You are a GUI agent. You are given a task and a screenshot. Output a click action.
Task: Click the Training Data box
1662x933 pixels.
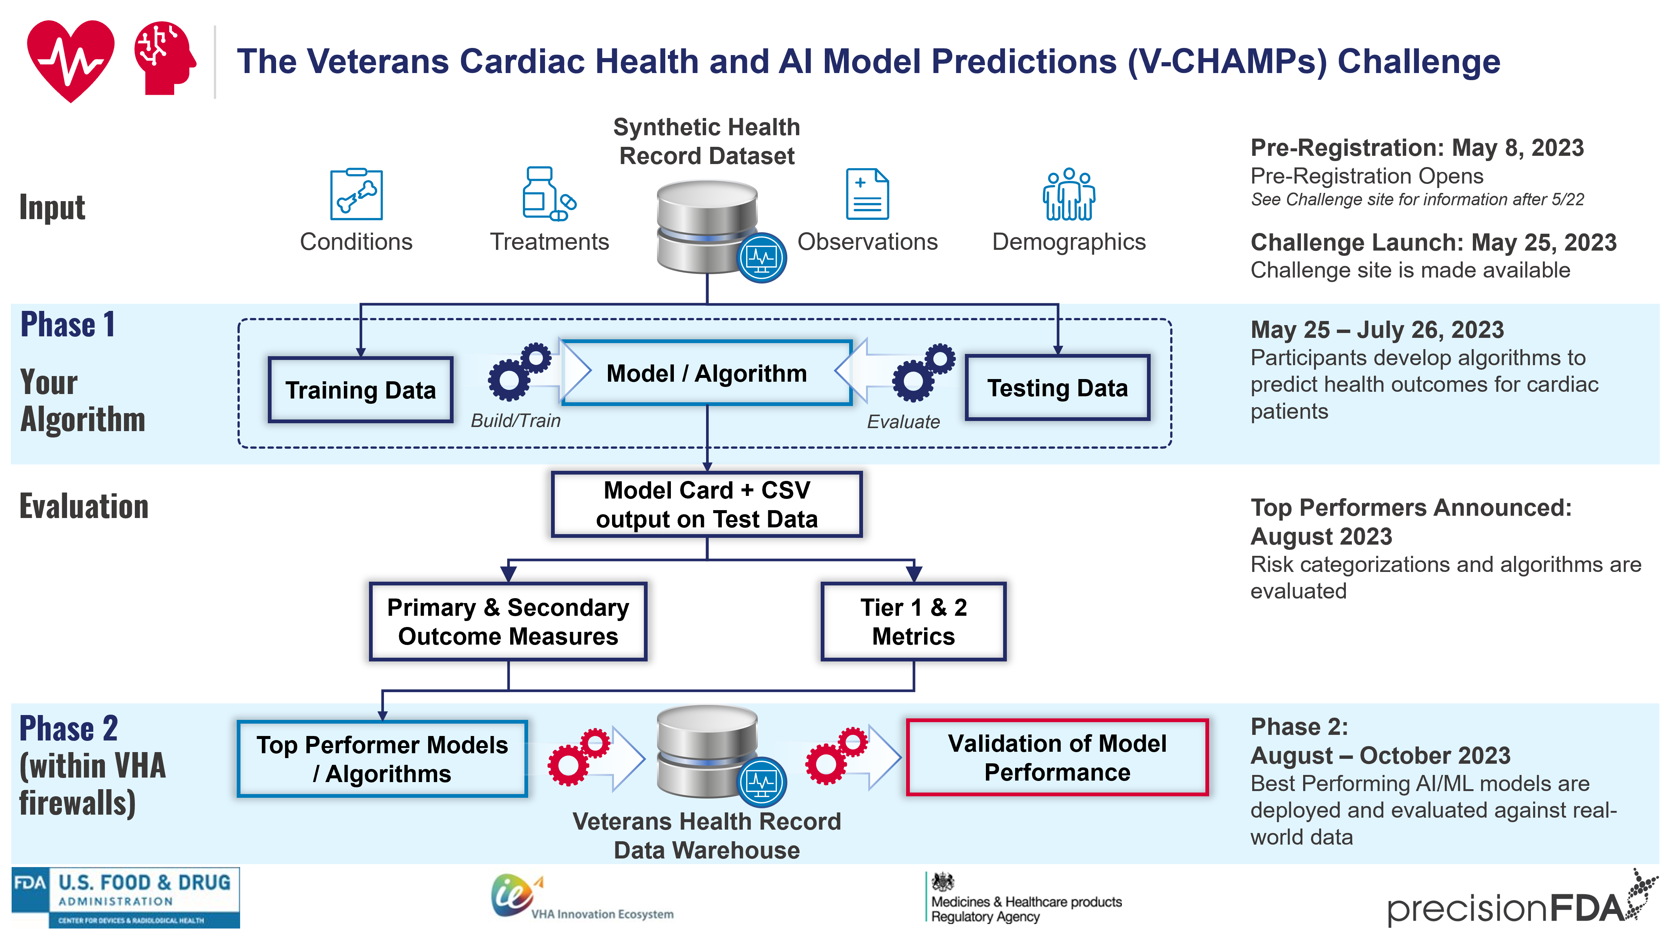click(x=361, y=390)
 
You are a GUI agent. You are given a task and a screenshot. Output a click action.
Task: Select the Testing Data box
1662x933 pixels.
click(x=1057, y=388)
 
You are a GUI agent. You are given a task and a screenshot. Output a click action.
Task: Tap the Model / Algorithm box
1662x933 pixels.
click(x=706, y=373)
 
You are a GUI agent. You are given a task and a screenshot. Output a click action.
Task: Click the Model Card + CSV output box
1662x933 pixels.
click(x=706, y=505)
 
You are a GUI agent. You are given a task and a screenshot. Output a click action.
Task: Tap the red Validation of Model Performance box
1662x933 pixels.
click(x=1057, y=757)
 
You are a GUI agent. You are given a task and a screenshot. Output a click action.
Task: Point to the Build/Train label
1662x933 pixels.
click(x=515, y=421)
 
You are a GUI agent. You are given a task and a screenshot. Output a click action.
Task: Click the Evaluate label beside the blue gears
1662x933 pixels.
click(x=903, y=422)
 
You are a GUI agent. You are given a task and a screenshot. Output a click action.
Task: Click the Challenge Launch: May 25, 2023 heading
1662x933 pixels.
click(x=1433, y=243)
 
